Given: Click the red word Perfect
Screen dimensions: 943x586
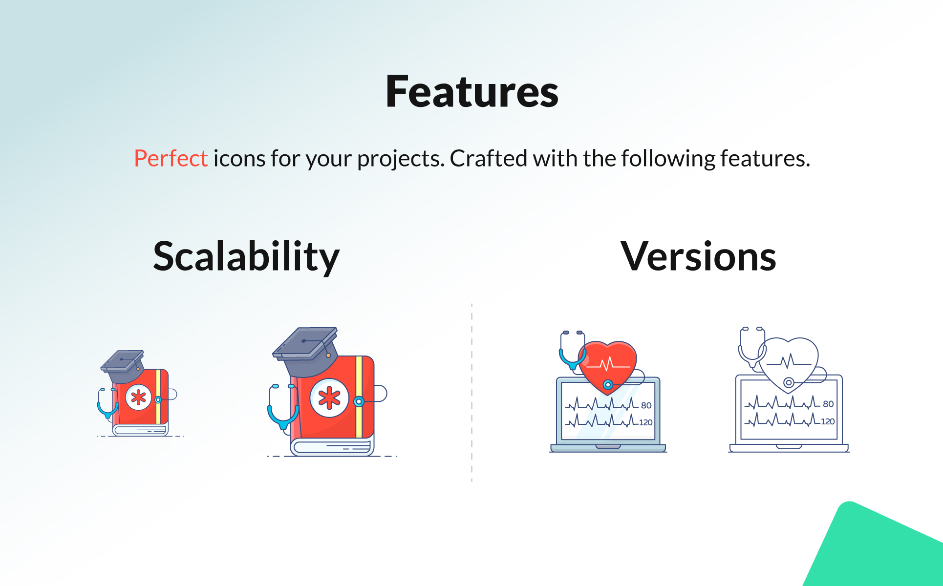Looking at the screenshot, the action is point(171,158).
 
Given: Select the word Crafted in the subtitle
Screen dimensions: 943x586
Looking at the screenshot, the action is point(489,158).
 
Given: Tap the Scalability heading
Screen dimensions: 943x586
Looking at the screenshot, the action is point(246,257).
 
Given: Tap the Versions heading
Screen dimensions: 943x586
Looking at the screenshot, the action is point(698,256).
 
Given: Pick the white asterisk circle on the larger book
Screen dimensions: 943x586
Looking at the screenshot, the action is point(329,398).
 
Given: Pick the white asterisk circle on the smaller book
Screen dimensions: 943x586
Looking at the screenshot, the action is point(138,397).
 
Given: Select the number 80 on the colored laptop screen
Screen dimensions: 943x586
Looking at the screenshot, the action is point(646,405).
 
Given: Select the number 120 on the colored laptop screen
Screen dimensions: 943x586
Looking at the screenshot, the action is point(645,422).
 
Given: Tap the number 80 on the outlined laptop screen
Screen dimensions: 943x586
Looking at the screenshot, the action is point(828,404).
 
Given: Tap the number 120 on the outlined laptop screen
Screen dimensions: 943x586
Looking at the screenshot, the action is point(828,421).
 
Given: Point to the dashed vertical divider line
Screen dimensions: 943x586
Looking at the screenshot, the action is point(472,393).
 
